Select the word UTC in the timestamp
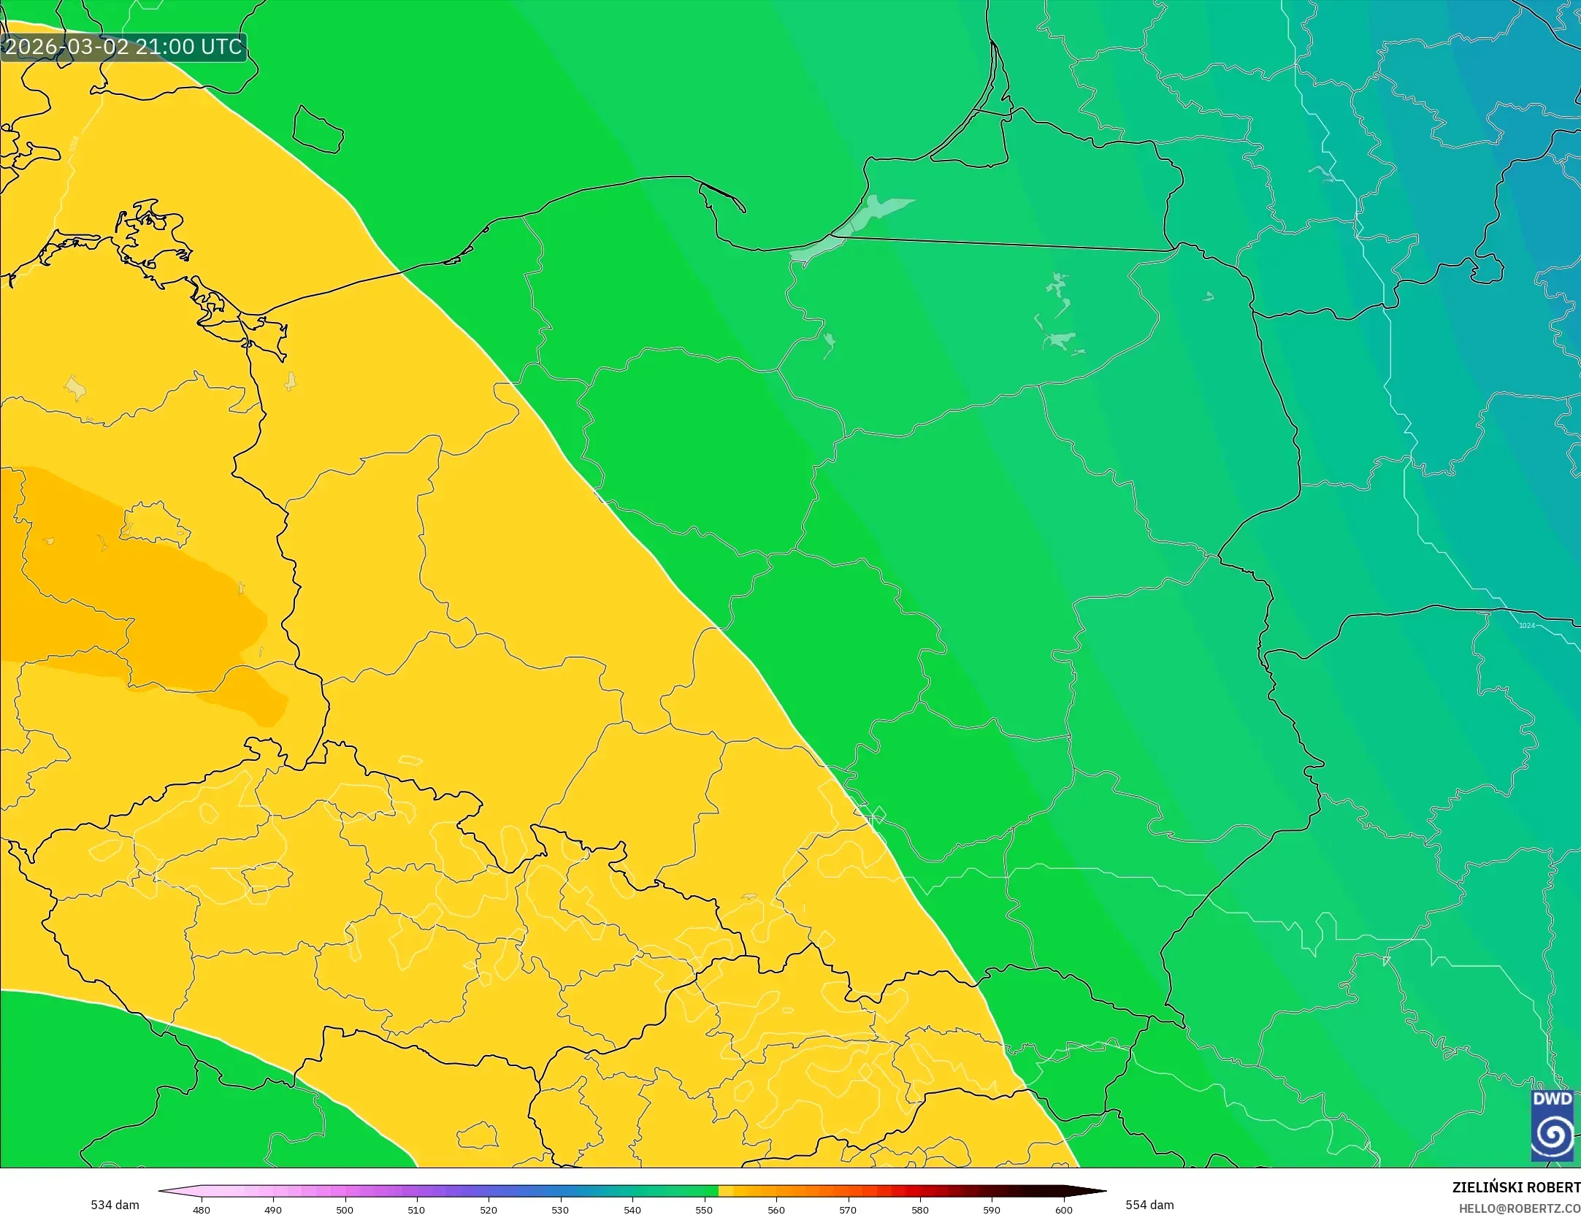221,47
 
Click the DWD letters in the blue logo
1552,1100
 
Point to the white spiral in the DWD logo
1553,1135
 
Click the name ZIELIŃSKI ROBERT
1516,1187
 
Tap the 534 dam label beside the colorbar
115,1205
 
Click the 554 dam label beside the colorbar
1149,1205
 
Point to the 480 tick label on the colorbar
201,1210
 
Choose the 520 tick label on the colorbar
489,1210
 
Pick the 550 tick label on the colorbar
704,1210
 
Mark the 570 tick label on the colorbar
848,1210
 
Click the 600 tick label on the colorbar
1064,1210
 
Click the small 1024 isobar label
1526,626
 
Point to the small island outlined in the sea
318,130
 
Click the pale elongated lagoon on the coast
854,226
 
